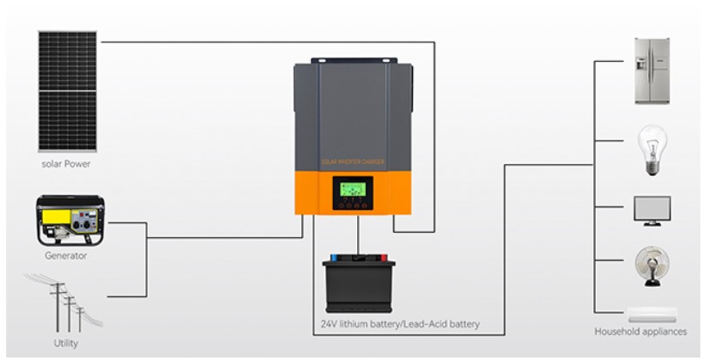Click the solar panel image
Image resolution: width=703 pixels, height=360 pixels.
click(65, 91)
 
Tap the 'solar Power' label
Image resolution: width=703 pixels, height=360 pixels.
click(65, 164)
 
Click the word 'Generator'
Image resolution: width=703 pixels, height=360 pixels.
click(66, 255)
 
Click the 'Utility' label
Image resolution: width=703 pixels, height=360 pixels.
click(66, 343)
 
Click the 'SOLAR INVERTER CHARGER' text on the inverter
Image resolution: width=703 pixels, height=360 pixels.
click(353, 162)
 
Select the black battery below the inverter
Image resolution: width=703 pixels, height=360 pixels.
click(359, 285)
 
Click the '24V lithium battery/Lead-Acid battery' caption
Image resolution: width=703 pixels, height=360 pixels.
click(399, 325)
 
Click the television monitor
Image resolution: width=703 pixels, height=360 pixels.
click(652, 210)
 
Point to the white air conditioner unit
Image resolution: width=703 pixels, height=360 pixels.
click(652, 315)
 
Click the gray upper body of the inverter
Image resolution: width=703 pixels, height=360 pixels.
click(353, 105)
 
